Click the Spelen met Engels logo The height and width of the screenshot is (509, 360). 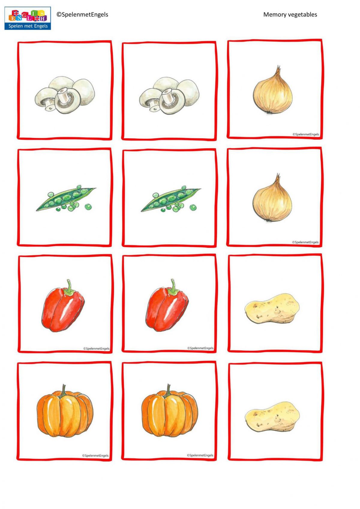pos(28,19)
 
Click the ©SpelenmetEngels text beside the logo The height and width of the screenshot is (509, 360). pos(82,14)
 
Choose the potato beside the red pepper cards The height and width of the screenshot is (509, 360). pos(272,309)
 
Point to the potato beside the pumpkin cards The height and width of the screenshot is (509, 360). pos(272,417)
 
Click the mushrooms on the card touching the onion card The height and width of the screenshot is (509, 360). pos(169,95)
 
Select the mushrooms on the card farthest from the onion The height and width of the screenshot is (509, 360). pos(64,95)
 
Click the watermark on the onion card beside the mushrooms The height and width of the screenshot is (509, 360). pos(306,134)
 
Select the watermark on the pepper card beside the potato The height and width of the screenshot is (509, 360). pos(200,348)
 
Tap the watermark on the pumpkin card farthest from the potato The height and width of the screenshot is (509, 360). pos(95,456)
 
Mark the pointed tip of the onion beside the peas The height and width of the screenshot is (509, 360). pos(278,175)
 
